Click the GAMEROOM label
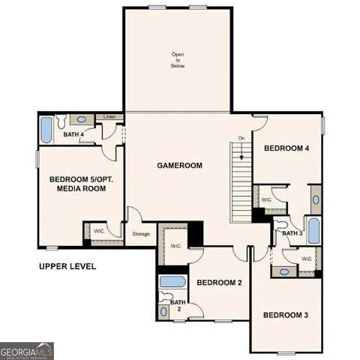pyautogui.click(x=179, y=165)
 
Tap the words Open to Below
pyautogui.click(x=177, y=60)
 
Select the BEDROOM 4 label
pyautogui.click(x=286, y=148)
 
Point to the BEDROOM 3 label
pyautogui.click(x=285, y=314)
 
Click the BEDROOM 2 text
pyautogui.click(x=218, y=283)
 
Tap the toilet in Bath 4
pyautogui.click(x=62, y=119)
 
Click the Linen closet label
pyautogui.click(x=109, y=117)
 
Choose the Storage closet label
pyautogui.click(x=141, y=234)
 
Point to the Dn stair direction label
pyautogui.click(x=241, y=139)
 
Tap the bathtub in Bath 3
pyautogui.click(x=313, y=229)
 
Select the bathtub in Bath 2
pyautogui.click(x=173, y=283)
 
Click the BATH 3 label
pyautogui.click(x=292, y=234)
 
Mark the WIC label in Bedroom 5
pyautogui.click(x=98, y=231)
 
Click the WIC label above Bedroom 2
pyautogui.click(x=175, y=246)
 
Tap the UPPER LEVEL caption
pyautogui.click(x=67, y=266)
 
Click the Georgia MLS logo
pyautogui.click(x=27, y=351)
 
